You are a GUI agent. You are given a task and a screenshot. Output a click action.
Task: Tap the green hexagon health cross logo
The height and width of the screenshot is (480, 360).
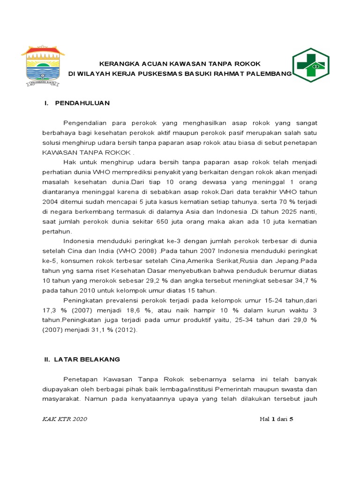311,65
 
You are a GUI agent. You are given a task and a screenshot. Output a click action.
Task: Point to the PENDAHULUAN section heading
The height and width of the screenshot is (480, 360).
82,103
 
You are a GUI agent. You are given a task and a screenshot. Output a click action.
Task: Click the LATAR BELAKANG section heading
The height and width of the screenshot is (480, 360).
88,359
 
